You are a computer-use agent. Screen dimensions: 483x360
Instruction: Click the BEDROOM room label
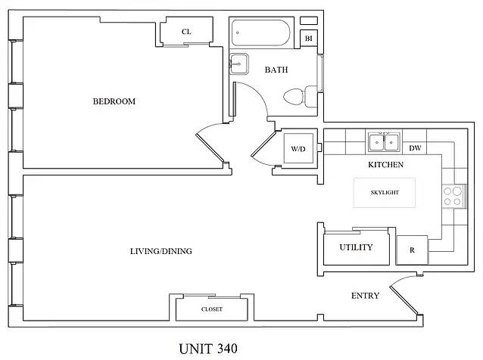[114, 101]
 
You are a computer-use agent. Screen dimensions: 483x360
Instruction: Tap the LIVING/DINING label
[160, 251]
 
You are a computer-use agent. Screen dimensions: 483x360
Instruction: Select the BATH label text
[276, 70]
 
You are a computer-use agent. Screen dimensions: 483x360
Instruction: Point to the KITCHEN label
[385, 165]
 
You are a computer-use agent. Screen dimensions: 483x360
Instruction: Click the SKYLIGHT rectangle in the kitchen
[385, 193]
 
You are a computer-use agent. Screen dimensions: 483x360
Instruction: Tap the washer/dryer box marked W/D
[298, 149]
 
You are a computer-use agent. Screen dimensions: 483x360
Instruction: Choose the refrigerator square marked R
[412, 250]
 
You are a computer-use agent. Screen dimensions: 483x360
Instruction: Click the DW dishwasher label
[415, 148]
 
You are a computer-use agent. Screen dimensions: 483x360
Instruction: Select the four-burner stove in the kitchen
[453, 197]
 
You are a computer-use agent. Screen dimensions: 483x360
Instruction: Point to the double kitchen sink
[384, 142]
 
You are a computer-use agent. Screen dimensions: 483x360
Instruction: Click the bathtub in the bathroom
[261, 33]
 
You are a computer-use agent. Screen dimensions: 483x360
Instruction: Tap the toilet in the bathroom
[300, 97]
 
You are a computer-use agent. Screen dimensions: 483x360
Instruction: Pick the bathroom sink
[238, 64]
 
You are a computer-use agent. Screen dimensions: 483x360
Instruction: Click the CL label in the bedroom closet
[186, 32]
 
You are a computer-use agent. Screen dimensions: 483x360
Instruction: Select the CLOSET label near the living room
[212, 309]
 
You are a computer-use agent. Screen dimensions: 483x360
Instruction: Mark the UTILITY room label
[356, 247]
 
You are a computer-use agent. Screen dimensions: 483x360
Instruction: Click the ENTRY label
[365, 296]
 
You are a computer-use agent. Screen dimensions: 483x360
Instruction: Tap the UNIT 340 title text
[208, 349]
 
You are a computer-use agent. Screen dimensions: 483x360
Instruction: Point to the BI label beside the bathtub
[309, 39]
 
